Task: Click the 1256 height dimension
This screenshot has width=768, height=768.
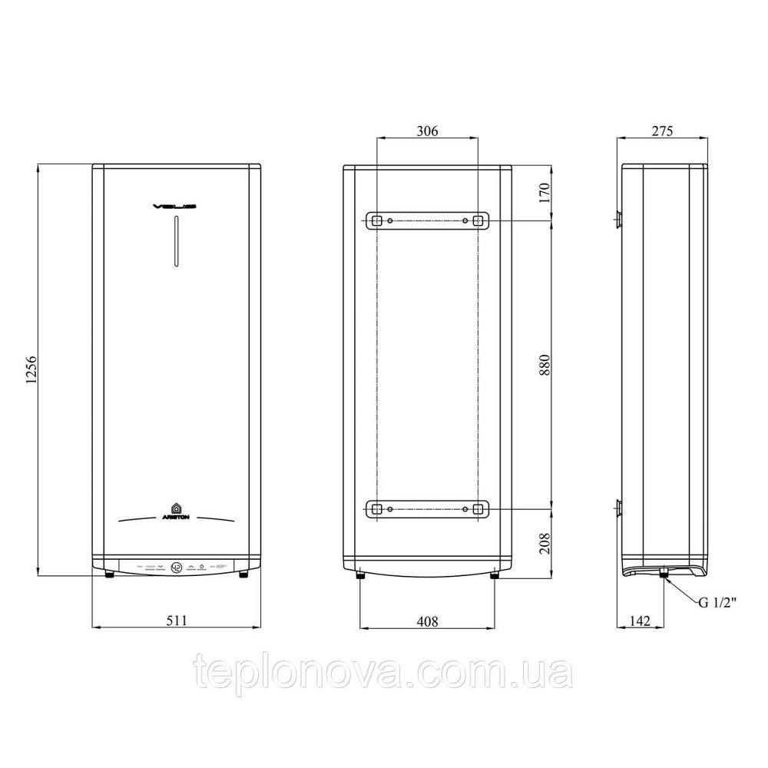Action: [30, 369]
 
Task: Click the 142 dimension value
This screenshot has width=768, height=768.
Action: [641, 621]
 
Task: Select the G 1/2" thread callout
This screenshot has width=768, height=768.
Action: [717, 603]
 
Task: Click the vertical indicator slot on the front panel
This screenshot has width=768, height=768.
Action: [177, 242]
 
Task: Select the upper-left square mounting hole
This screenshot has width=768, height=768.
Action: [376, 220]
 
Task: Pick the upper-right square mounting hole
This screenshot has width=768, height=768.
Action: [478, 220]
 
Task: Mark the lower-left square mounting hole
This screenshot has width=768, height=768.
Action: [376, 508]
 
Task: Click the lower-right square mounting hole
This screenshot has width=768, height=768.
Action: [478, 508]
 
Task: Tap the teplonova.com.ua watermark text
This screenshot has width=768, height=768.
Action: [384, 674]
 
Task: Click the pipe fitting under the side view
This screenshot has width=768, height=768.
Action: [662, 572]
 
